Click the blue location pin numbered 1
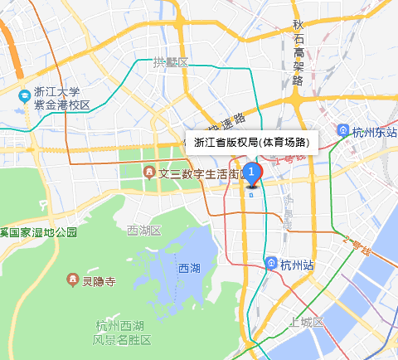(x=253, y=173)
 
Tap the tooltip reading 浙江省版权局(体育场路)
(x=250, y=142)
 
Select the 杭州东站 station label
(x=375, y=131)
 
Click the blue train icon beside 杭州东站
(x=343, y=131)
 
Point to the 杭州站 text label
(x=297, y=265)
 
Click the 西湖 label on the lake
(x=189, y=268)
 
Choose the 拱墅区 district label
(x=171, y=63)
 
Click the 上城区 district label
(x=307, y=322)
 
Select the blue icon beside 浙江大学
(x=25, y=99)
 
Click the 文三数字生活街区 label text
(x=199, y=173)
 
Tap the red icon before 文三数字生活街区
(x=148, y=173)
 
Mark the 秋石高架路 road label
(x=298, y=51)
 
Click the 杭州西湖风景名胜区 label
(x=122, y=333)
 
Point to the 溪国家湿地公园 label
(x=38, y=231)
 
